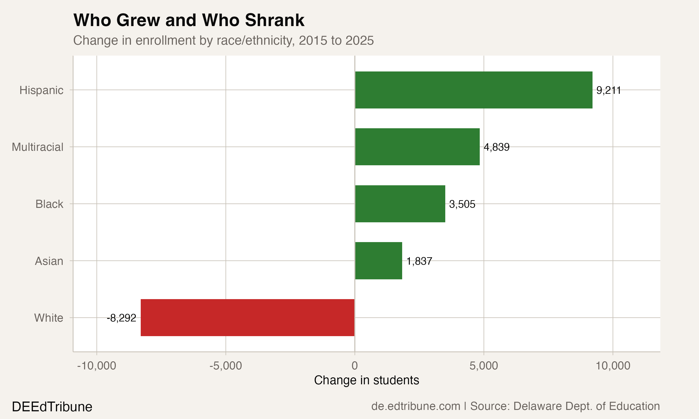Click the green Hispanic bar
[x=473, y=90]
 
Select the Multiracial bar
[x=417, y=147]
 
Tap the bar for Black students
[x=400, y=204]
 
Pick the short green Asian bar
[x=379, y=261]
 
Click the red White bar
[x=247, y=318]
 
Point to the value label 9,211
[x=608, y=90]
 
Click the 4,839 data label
[x=497, y=147]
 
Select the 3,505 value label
[x=462, y=204]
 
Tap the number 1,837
[x=419, y=261]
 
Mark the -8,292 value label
[x=121, y=318]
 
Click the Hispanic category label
[x=41, y=90]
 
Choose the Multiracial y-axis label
[x=38, y=147]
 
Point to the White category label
[x=49, y=318]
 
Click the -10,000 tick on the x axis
[x=97, y=366]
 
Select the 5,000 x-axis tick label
[x=484, y=366]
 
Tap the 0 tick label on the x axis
[x=355, y=366]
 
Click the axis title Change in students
[x=367, y=380]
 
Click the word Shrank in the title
[x=275, y=20]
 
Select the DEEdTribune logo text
[x=52, y=407]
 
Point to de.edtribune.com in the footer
[x=416, y=406]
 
